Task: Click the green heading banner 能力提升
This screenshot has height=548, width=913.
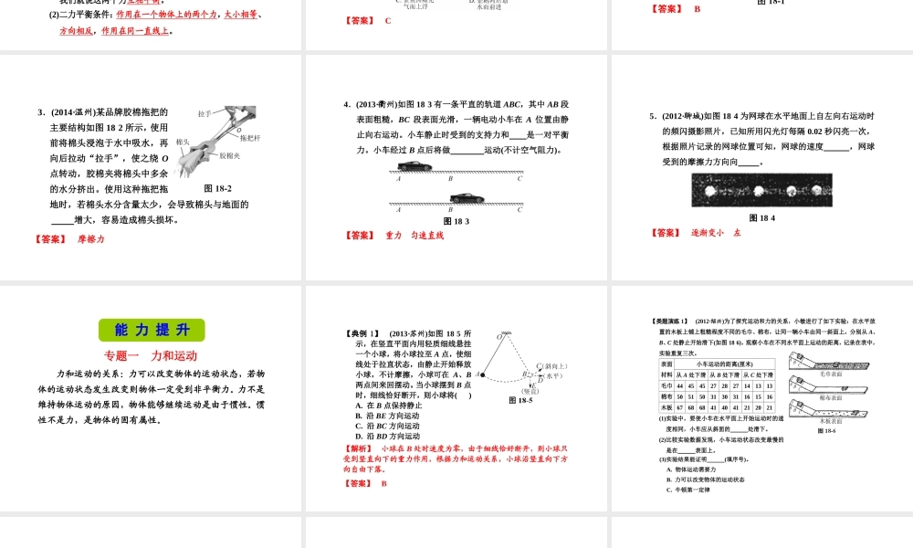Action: coord(152,330)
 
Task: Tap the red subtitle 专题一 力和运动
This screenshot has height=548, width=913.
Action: coord(151,356)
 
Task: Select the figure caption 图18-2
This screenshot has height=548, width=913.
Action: coord(217,188)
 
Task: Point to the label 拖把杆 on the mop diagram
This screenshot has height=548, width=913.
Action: coord(251,139)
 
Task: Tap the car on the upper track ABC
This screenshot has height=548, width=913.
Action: coord(416,165)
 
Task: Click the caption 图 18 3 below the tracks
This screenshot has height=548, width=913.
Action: coord(456,221)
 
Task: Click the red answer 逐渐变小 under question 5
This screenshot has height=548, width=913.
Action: coord(708,233)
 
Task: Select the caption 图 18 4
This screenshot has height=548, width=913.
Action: coord(761,217)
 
